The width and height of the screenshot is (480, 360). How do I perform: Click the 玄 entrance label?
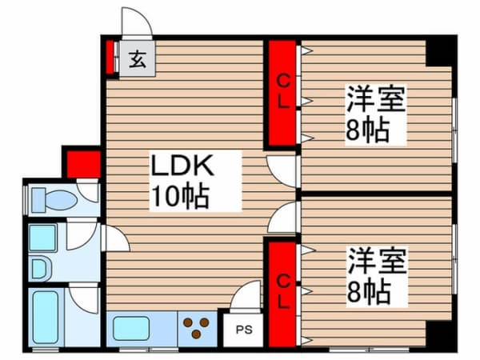(137, 59)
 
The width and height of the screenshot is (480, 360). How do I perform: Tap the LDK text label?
(182, 166)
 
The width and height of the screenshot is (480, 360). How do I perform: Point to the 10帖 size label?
(181, 197)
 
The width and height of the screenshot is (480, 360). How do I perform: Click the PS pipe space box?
(244, 330)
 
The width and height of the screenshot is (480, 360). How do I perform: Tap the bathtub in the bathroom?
(46, 317)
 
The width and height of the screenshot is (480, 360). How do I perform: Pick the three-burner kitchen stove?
(196, 328)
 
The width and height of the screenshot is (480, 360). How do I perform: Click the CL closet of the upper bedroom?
(282, 93)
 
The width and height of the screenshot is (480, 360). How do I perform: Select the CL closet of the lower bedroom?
(282, 294)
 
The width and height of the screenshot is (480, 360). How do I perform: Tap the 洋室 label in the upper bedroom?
(376, 99)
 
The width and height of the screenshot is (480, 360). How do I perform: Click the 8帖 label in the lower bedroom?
(369, 291)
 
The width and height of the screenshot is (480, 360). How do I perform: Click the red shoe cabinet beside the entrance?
(110, 58)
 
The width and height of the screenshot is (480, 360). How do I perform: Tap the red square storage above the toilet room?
(83, 164)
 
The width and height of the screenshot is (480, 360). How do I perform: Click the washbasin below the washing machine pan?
(40, 269)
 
